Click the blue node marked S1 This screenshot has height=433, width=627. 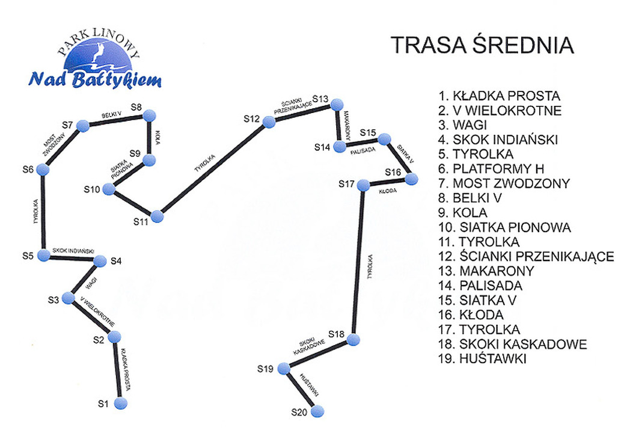click(122, 402)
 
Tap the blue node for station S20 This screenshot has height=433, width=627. click(317, 411)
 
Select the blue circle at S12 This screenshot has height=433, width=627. click(269, 121)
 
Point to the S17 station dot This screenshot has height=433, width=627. click(362, 185)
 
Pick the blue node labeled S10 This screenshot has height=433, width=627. click(109, 190)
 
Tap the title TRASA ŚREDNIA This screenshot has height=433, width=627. click(482, 46)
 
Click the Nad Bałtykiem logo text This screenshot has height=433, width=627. click(95, 79)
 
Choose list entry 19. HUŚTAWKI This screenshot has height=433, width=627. click(483, 359)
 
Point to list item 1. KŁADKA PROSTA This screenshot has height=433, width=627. click(499, 96)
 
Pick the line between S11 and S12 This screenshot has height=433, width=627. click(213, 169)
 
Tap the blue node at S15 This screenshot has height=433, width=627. click(385, 139)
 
